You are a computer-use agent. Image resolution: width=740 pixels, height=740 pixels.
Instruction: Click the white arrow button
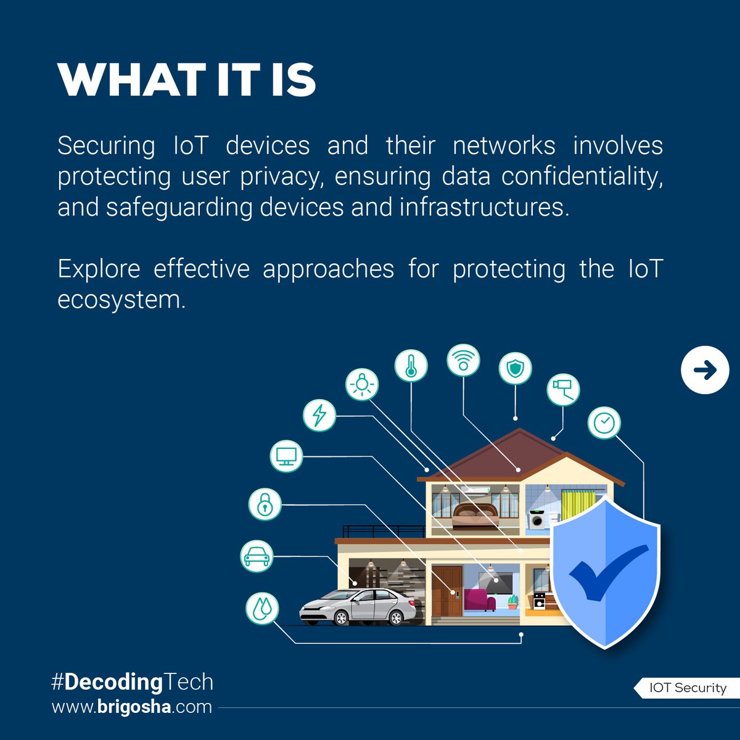click(x=705, y=370)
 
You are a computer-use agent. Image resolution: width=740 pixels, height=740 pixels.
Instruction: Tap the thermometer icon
click(x=411, y=366)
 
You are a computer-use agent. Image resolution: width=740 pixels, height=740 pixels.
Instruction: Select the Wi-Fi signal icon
click(x=463, y=360)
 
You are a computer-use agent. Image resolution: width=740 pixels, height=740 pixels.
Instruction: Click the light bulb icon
click(x=361, y=385)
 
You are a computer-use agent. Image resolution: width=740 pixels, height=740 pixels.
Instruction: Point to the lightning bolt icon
click(x=319, y=415)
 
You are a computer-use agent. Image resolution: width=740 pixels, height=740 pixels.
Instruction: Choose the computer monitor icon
click(x=287, y=456)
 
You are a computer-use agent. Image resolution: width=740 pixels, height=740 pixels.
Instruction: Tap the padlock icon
click(x=265, y=504)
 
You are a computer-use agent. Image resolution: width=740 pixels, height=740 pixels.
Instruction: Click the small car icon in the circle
click(x=257, y=556)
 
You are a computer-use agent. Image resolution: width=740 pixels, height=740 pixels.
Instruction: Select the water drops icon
click(x=262, y=608)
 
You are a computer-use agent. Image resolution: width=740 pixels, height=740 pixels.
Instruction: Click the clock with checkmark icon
click(x=604, y=423)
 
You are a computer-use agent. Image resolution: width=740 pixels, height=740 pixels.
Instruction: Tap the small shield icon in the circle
click(x=515, y=369)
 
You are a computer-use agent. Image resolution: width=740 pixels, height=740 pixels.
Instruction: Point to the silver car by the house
click(x=358, y=607)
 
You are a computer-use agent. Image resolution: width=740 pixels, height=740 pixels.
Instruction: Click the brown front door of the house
click(x=447, y=591)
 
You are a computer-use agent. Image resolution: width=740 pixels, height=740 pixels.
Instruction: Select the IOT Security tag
click(x=688, y=688)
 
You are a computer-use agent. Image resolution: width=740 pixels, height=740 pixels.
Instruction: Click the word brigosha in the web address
click(x=134, y=707)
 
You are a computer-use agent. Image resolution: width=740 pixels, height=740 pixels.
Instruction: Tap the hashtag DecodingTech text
click(x=132, y=682)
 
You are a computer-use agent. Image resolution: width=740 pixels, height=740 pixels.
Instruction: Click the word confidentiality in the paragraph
click(x=582, y=176)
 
